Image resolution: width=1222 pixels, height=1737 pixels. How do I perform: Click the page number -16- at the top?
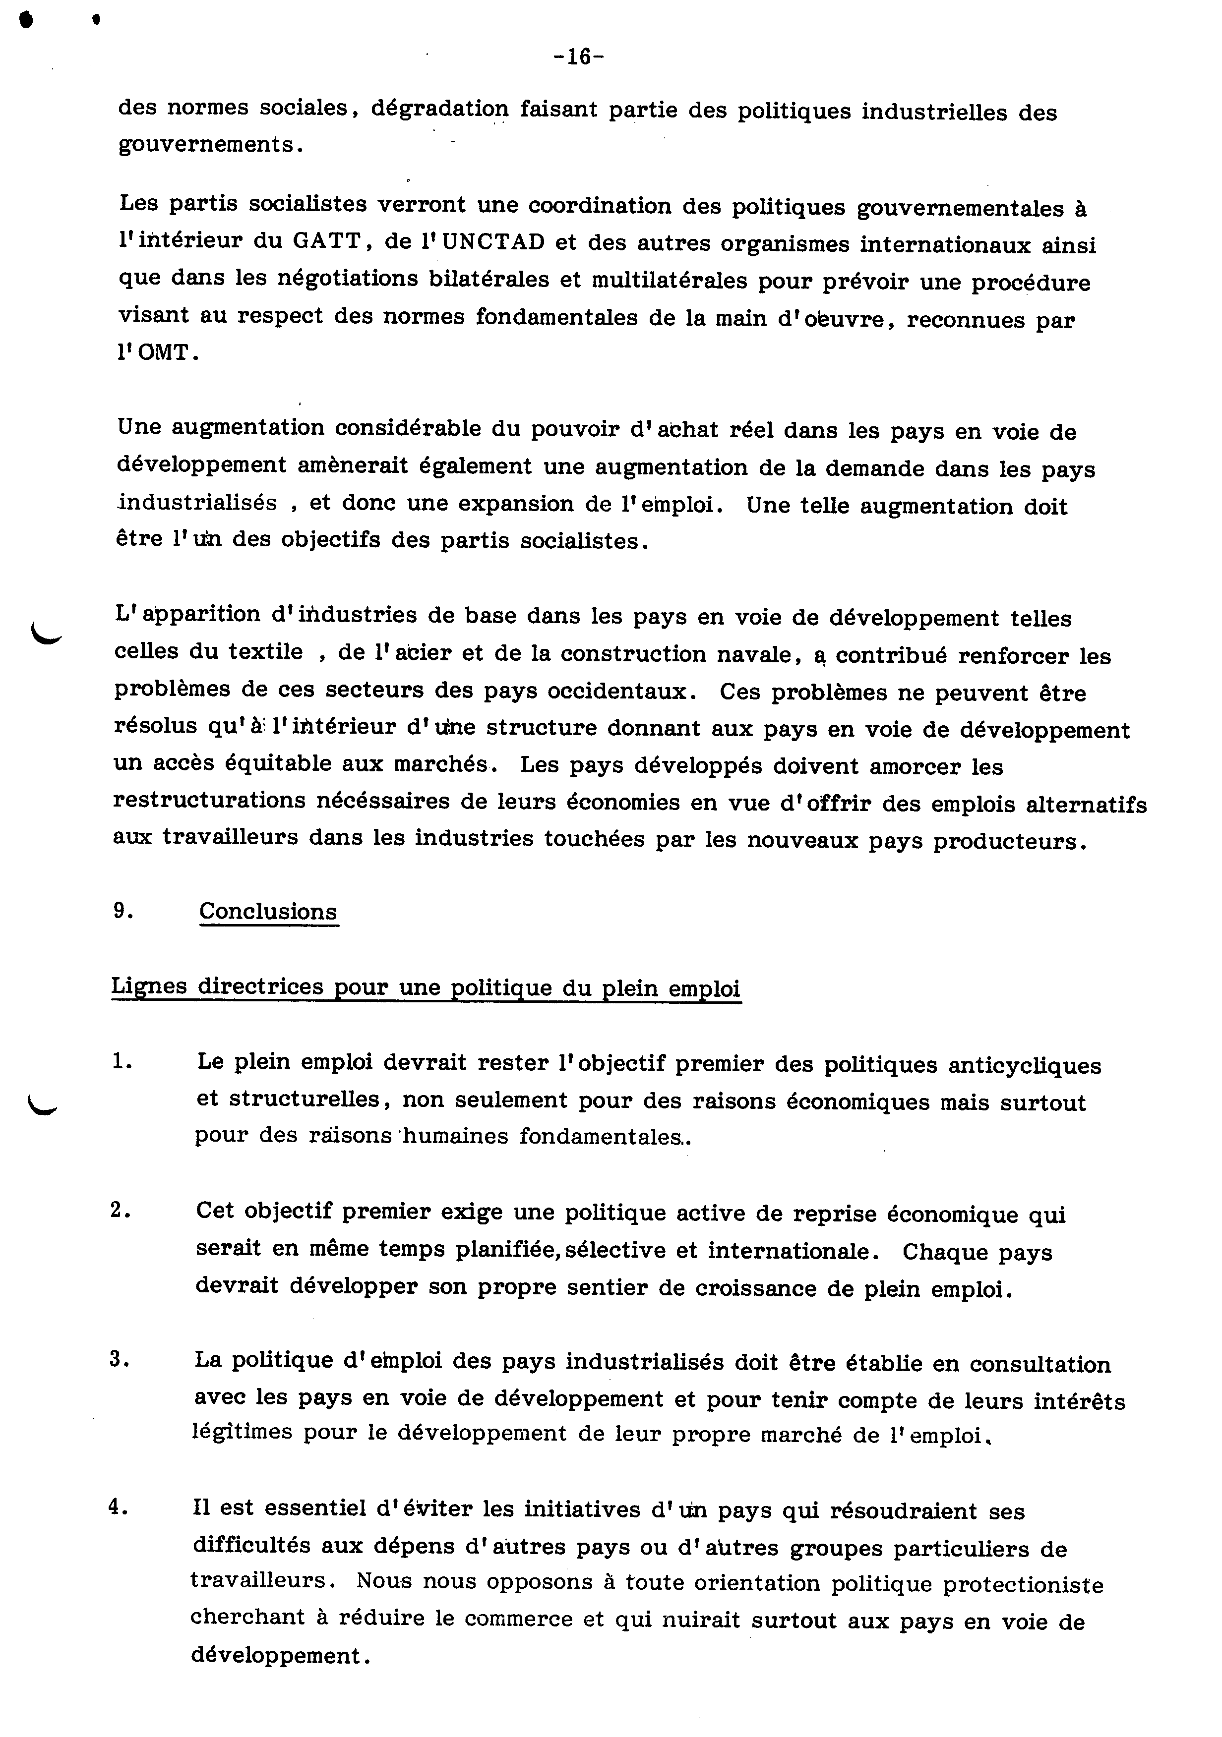[x=578, y=58]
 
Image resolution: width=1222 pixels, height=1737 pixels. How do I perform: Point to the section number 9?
[x=123, y=911]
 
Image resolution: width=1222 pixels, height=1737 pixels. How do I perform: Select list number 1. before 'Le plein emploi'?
[x=122, y=1062]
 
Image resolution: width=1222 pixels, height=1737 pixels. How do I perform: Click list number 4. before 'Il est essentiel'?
[x=120, y=1507]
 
